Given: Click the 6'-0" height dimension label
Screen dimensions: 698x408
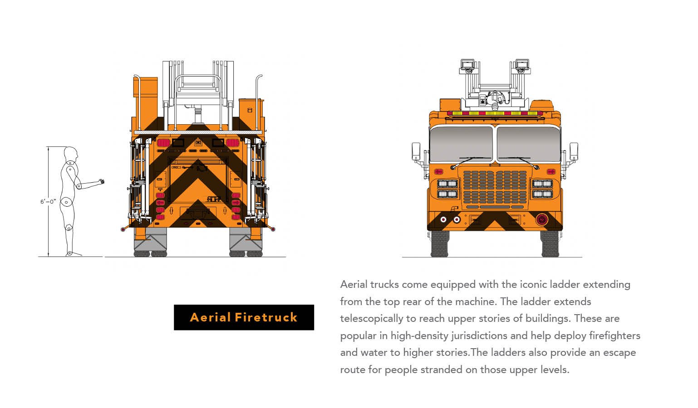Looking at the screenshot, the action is tap(48, 202).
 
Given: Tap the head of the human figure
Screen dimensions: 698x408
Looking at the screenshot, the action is tap(71, 154).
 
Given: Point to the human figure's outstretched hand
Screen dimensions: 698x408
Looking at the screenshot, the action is tap(101, 181).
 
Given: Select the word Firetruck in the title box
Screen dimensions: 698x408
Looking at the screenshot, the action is tap(266, 317).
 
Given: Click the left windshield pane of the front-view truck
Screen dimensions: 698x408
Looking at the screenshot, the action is tap(461, 144).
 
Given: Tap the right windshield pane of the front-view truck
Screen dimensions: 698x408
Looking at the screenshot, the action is tap(528, 144).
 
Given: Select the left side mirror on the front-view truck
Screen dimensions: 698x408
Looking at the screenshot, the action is tap(416, 151).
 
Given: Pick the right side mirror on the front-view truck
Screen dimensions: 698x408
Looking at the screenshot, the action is tap(574, 151).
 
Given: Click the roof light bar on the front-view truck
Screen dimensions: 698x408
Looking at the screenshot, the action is tap(495, 113).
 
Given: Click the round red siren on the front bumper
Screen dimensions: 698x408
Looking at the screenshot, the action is tap(542, 219).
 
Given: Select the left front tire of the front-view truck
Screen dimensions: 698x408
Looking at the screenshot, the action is tap(440, 244).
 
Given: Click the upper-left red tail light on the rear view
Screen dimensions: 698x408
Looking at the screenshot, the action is tap(163, 143).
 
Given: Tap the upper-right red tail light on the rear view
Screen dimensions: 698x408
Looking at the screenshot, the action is tap(232, 143).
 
